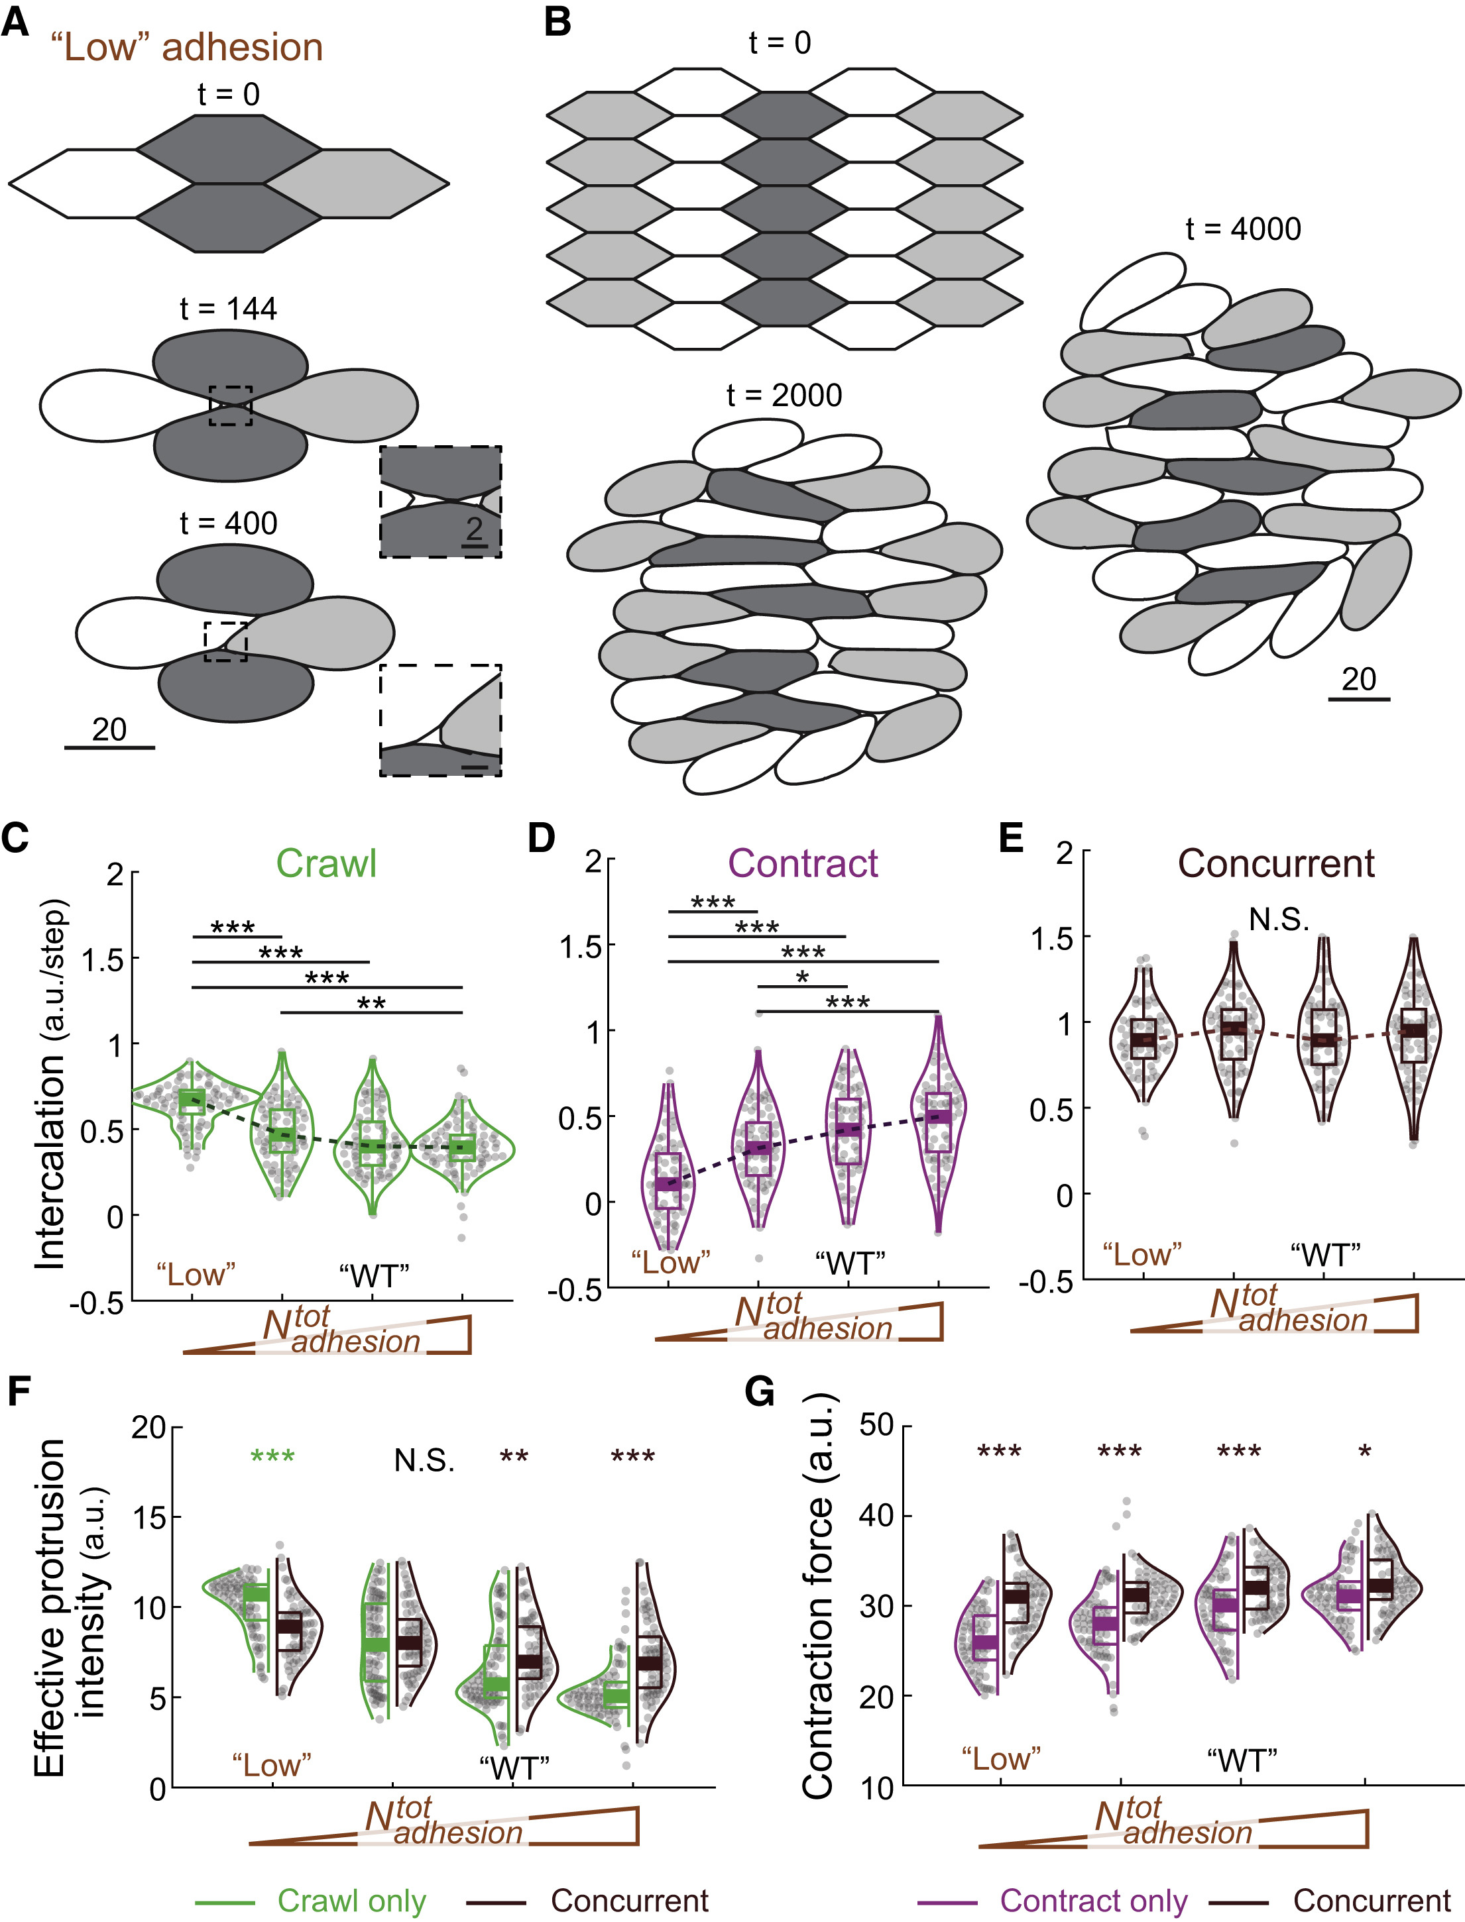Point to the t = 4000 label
pos(1243,229)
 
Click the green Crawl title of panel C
pos(326,864)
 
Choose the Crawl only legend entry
pos(351,1900)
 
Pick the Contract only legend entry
pos(1094,1900)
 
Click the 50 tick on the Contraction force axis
pos(876,1425)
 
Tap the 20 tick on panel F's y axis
pos(148,1427)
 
